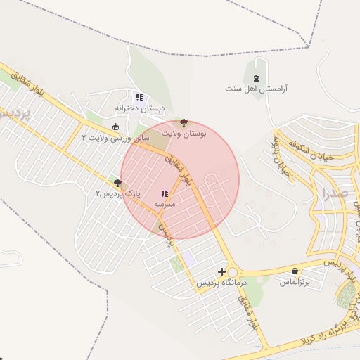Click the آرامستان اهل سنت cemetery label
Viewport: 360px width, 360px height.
(x=257, y=89)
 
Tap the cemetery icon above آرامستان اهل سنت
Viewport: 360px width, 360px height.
(x=256, y=76)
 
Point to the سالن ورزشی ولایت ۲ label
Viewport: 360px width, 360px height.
(x=115, y=138)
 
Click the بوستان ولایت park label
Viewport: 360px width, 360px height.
(x=184, y=132)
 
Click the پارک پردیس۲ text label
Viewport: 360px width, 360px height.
(x=119, y=193)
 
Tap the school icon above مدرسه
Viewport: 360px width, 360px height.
(x=165, y=193)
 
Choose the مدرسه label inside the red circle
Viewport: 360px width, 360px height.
(x=165, y=204)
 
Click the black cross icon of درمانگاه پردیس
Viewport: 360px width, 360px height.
(x=222, y=271)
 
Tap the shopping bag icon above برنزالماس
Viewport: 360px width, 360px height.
(x=295, y=271)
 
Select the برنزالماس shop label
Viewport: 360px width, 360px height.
(x=295, y=282)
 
